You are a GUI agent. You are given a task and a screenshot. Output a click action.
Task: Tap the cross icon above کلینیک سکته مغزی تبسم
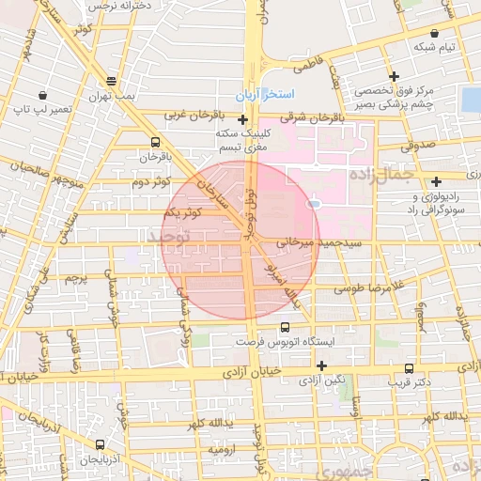click(243, 120)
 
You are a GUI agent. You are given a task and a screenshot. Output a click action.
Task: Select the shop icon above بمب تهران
click(112, 81)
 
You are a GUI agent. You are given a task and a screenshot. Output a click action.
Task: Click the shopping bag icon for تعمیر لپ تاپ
click(43, 96)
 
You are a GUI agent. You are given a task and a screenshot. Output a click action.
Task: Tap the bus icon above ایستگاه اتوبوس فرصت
click(285, 328)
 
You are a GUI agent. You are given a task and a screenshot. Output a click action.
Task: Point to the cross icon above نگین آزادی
click(322, 365)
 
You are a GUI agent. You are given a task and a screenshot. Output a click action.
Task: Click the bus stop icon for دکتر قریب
click(408, 368)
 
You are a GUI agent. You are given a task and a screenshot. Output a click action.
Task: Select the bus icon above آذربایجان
click(100, 443)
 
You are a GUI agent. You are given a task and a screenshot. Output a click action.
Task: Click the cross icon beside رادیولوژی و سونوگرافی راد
click(436, 181)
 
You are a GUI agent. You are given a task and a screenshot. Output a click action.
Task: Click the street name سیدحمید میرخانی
click(306, 242)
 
